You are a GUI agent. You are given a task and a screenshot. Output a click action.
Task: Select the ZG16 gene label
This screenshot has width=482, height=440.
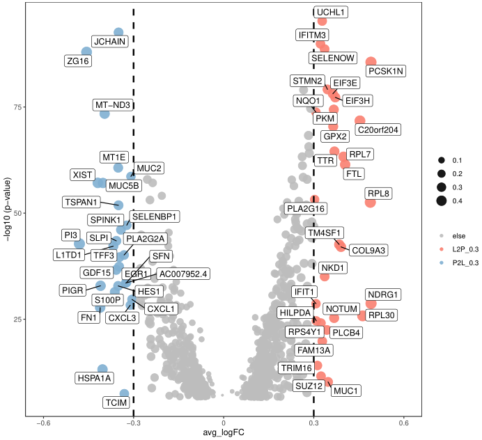[x=78, y=61]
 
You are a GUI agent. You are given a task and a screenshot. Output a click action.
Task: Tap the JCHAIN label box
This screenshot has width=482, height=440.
[x=110, y=42]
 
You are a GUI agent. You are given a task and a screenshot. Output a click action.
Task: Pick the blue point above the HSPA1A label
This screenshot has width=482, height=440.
[x=102, y=369]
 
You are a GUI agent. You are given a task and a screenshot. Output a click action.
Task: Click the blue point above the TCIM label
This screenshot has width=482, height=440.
[x=125, y=394]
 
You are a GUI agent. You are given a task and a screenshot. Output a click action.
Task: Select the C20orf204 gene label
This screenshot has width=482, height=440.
[x=378, y=129]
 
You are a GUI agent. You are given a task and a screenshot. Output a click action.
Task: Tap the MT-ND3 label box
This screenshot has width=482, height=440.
[x=114, y=105]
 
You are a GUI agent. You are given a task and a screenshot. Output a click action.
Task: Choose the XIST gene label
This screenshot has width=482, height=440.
[x=84, y=174]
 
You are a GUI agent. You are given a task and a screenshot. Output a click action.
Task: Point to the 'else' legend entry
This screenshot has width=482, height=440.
[x=459, y=235]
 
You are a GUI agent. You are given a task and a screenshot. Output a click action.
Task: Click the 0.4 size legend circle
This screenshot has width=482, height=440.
[x=442, y=201]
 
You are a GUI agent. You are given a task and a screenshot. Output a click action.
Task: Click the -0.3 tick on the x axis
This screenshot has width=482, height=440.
[x=134, y=423]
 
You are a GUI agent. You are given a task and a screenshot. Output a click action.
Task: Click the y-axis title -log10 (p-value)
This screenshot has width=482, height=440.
[x=6, y=210]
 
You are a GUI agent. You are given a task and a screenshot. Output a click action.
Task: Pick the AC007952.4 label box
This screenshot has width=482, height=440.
[x=182, y=274]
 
